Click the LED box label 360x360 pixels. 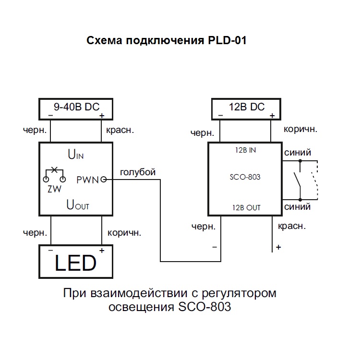(x=75, y=263)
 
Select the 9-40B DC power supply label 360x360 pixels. (x=76, y=107)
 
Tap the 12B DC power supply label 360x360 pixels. (x=247, y=107)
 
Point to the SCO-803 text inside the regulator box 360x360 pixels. (x=245, y=177)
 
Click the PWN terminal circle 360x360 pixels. (x=104, y=180)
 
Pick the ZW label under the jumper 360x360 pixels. (x=54, y=189)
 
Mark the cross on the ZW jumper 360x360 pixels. (x=54, y=169)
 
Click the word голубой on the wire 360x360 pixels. (x=138, y=172)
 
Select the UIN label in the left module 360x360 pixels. (x=75, y=154)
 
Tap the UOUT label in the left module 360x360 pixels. (x=78, y=204)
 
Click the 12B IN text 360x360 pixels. (x=245, y=150)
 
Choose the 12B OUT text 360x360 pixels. (x=246, y=208)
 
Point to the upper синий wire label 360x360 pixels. (x=298, y=153)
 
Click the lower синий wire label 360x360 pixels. (x=297, y=206)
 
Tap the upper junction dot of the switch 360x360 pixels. (x=300, y=161)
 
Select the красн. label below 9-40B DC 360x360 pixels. (x=120, y=130)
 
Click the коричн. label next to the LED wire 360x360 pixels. (x=124, y=233)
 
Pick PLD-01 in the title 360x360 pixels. (x=227, y=40)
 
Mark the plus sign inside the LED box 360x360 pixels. (x=102, y=250)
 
